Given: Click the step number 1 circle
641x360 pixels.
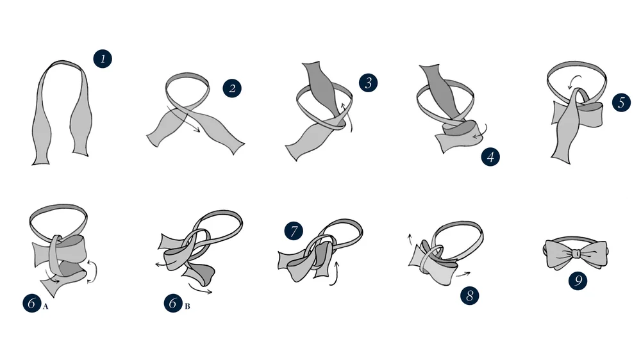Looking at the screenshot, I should (103, 59).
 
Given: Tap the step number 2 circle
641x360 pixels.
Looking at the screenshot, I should (232, 88).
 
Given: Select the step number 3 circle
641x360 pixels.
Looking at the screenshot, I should (368, 82).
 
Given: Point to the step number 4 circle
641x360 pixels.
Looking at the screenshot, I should (490, 156).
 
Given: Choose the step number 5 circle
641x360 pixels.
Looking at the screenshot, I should (621, 102).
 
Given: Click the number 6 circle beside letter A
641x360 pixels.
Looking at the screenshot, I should (31, 304).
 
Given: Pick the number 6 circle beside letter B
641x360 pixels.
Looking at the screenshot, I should (173, 304).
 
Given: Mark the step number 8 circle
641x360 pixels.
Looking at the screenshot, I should (470, 295).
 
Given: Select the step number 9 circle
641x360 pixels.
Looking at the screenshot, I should (578, 281).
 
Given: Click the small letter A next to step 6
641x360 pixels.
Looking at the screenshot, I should (46, 307).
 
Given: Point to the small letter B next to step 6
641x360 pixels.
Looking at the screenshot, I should (187, 307).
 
